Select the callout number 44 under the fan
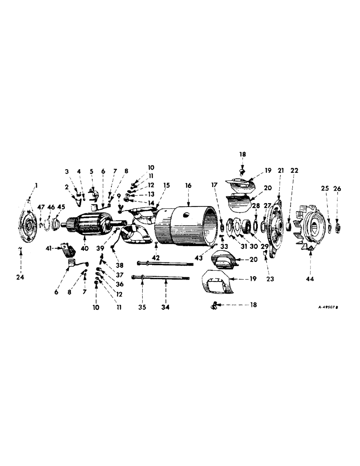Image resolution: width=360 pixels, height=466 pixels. (310, 279)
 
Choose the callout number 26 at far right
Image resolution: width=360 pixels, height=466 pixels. (338, 189)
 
